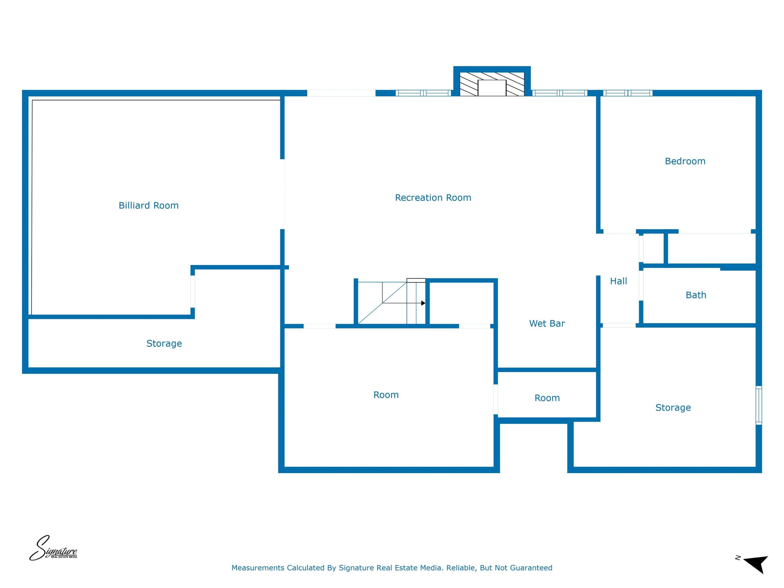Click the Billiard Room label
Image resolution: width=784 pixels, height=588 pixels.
point(149,205)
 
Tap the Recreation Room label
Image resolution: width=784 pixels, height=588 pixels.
point(433,198)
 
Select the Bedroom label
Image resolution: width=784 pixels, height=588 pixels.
point(685,161)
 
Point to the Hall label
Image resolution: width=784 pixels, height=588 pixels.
point(619,281)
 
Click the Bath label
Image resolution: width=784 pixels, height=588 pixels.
point(696,295)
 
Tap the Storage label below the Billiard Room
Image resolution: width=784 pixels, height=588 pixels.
point(164,343)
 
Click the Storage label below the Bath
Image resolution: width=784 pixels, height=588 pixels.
point(673,408)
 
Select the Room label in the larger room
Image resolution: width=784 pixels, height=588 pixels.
point(386,395)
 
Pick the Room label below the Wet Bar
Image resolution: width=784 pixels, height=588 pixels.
point(547,398)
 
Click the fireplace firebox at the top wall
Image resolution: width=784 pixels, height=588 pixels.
point(492,88)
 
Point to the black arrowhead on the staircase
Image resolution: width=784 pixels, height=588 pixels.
point(423,303)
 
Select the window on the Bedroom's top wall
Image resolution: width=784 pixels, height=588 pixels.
point(628,93)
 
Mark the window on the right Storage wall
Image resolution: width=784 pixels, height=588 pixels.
point(759,405)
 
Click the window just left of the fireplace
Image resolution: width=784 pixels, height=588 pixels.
point(423,93)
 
